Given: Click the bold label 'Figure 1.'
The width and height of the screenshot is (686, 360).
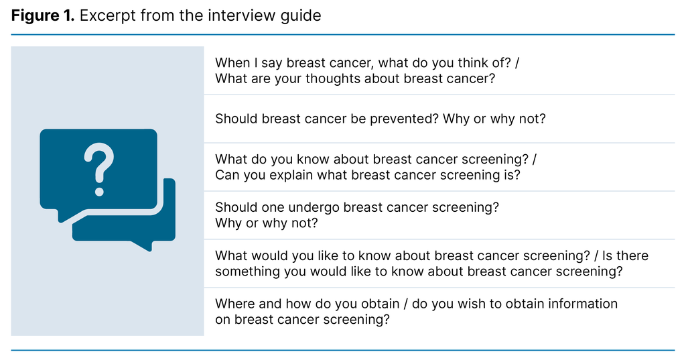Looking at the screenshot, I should (42, 15).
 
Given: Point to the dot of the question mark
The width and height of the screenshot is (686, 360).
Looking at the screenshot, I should (98, 191).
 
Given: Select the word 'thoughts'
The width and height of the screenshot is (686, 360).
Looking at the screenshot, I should (332, 78).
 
